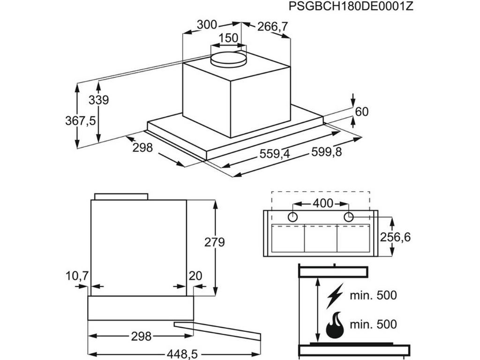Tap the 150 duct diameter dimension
pos(228,38)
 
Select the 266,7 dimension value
pos(272,27)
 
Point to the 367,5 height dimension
pos(80,120)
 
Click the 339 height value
pos(98,100)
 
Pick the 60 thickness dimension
pos(362,112)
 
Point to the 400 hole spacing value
pos(322,203)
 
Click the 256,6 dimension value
pos(395,238)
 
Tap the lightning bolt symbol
pos(336,295)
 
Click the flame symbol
pos(335,325)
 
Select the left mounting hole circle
pos(292,217)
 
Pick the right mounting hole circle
pos(348,217)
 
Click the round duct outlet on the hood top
pos(228,59)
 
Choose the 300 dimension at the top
pos(207,25)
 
